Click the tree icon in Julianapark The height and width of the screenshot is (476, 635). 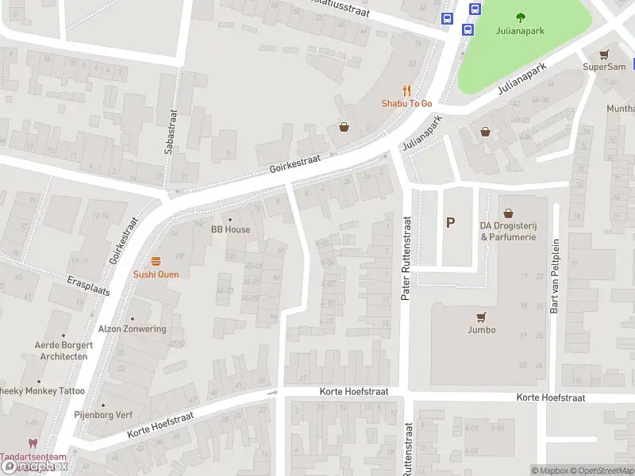point(521,17)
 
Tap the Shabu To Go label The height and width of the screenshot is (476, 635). point(406,103)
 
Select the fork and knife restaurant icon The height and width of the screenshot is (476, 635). point(406,90)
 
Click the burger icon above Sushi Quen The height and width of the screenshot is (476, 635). point(156,261)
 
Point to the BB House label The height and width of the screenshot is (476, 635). point(230,229)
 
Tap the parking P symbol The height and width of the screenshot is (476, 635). point(451,222)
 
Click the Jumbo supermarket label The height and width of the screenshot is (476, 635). point(481,329)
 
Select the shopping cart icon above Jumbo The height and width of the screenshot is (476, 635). point(481,316)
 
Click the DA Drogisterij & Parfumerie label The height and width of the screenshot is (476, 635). point(508,231)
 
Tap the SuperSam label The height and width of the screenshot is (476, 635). point(605,67)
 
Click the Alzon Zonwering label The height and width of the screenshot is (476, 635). point(132,329)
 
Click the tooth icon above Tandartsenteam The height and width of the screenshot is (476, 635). point(33,444)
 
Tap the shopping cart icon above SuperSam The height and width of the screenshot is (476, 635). point(605,54)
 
